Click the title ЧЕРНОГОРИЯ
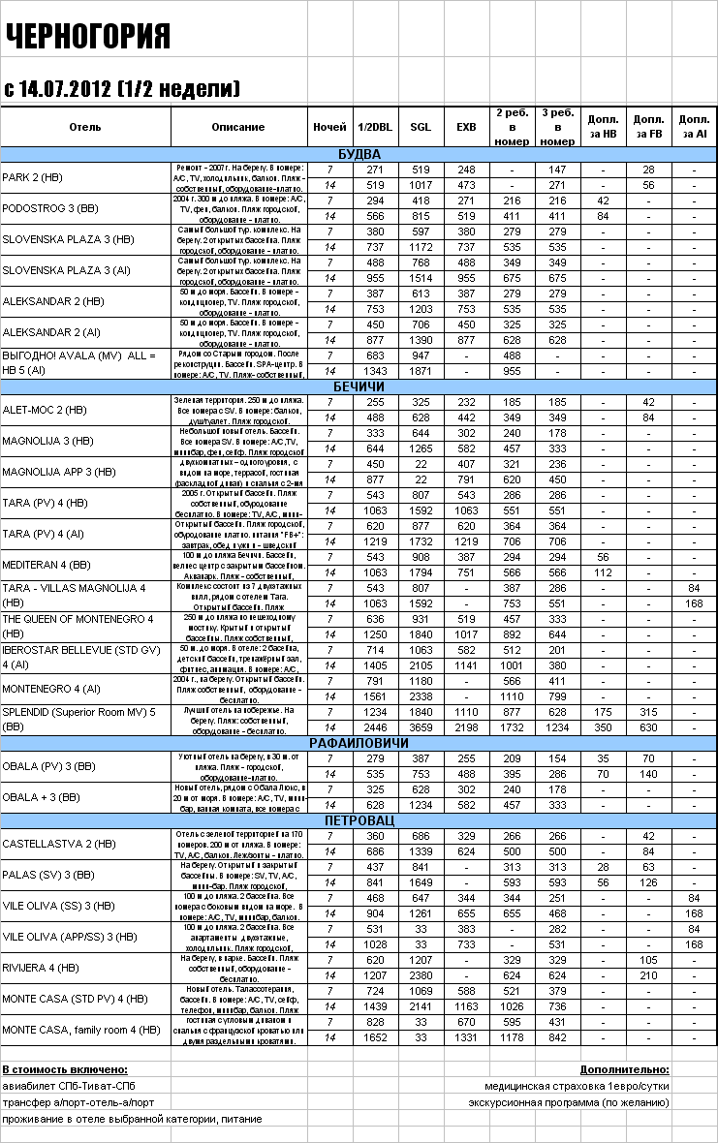pos(88,37)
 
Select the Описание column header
pos(237,127)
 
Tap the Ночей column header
pos(330,127)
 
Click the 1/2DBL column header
pos(375,127)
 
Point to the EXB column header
pos(466,127)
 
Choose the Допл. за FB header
pos(648,127)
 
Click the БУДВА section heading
pos(359,154)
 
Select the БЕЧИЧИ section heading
pos(359,386)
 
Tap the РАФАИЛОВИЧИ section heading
pos(359,743)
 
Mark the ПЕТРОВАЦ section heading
pos(359,820)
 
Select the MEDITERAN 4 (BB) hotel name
pos(47,565)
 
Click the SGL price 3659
pos(421,727)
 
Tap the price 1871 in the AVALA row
pos(421,371)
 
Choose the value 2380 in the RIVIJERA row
pos(421,975)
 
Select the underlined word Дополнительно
pos(624,1069)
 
